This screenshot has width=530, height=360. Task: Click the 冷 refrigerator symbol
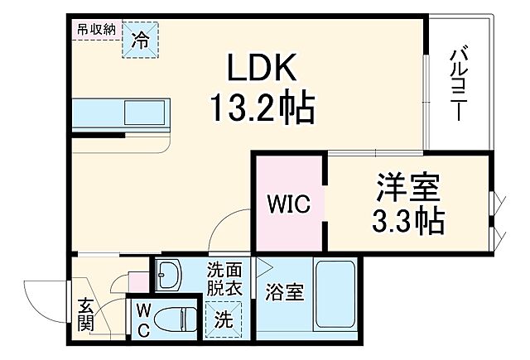click(x=140, y=40)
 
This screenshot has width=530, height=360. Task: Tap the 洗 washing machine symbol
click(x=223, y=318)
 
